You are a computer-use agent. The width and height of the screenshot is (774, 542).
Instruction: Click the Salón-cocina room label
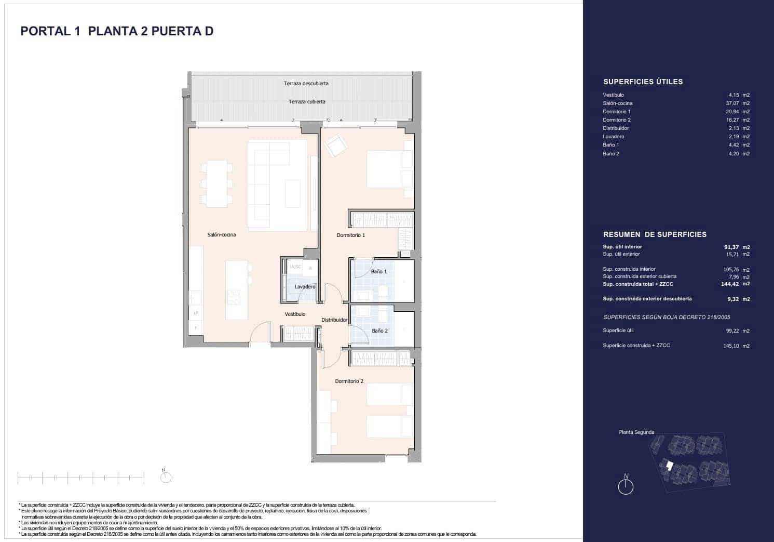221,235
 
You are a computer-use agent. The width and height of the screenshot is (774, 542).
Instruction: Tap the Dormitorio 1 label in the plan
351,235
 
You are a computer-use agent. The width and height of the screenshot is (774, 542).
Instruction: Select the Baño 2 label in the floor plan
379,331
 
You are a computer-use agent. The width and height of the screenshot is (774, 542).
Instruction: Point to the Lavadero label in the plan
305,287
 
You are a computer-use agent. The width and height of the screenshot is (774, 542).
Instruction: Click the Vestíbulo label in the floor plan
295,314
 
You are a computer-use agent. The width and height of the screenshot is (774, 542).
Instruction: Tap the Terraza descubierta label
306,83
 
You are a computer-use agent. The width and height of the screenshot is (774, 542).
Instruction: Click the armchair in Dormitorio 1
335,144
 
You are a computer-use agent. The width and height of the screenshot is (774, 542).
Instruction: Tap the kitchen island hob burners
235,297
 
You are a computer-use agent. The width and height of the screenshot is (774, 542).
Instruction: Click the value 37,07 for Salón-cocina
732,103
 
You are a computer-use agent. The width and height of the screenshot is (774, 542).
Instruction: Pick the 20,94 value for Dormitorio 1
732,112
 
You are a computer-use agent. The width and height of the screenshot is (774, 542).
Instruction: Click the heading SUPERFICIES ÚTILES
643,82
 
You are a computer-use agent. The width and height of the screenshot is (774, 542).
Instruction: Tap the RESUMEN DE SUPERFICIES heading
655,234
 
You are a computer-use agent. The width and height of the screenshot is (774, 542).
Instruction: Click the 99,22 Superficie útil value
732,331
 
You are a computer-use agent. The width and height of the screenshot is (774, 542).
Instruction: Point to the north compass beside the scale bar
166,477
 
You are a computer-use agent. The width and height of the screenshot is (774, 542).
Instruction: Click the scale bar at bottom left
79,477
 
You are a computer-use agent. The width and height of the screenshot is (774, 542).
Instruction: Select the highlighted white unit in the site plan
669,466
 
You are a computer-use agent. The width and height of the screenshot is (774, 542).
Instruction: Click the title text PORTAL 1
50,31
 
